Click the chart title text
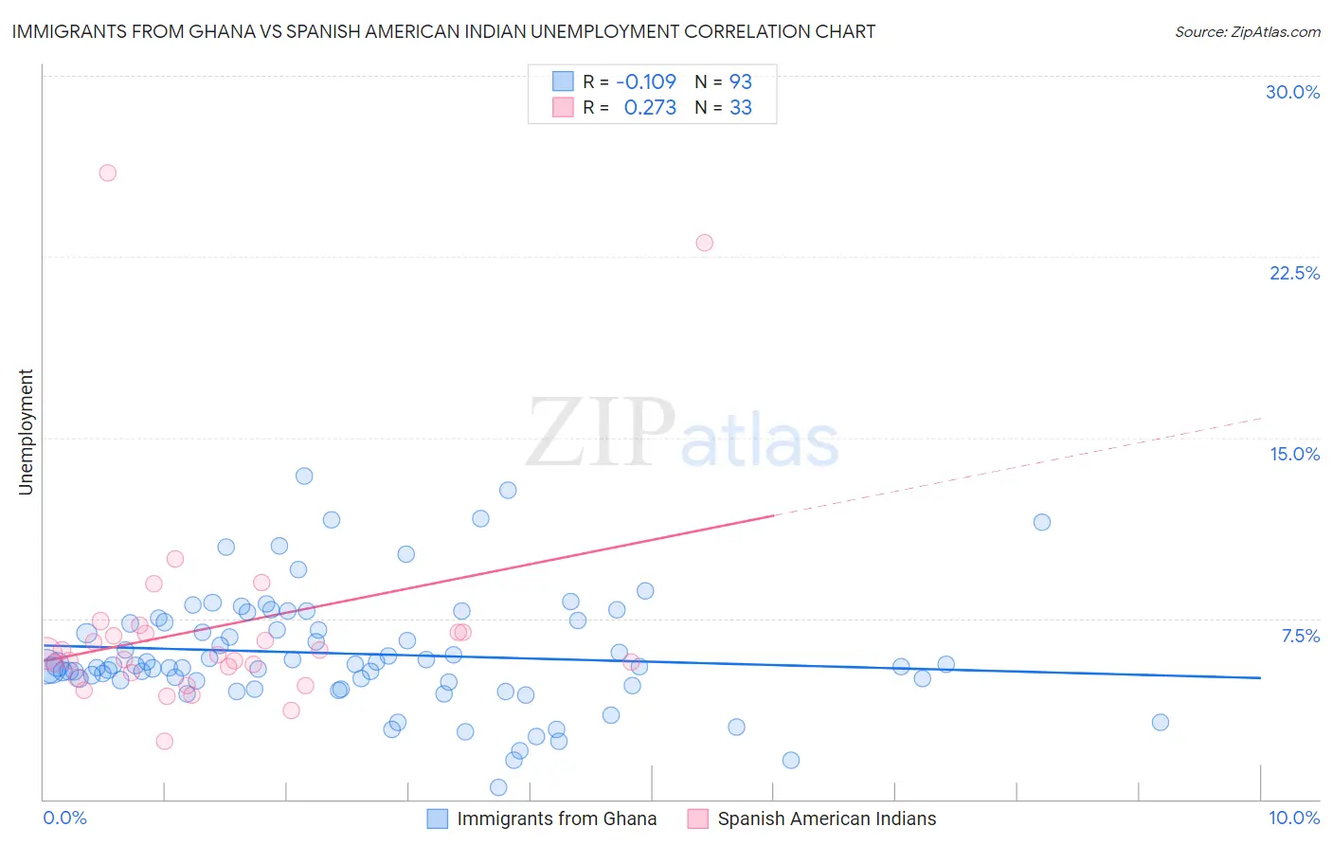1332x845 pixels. coord(443,31)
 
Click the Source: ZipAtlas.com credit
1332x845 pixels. coord(1247,31)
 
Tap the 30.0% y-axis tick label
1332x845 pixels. coord(1292,92)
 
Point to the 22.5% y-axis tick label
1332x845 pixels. coord(1294,273)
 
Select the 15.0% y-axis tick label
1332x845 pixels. coord(1294,454)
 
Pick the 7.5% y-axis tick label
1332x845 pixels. coord(1300,636)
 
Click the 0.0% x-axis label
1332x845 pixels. coord(64,818)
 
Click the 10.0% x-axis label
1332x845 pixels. coord(1293,818)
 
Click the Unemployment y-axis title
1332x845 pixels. coord(26,432)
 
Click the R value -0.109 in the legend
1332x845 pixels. coord(646,81)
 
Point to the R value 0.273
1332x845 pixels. coord(650,108)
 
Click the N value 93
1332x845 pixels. coord(740,81)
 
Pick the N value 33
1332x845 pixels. coord(740,108)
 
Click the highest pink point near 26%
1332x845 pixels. coord(108,172)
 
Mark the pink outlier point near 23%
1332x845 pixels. coord(704,243)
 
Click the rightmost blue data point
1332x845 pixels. coord(1160,722)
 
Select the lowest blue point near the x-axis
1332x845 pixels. coord(498,787)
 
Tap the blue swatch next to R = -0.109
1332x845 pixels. coord(563,81)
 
